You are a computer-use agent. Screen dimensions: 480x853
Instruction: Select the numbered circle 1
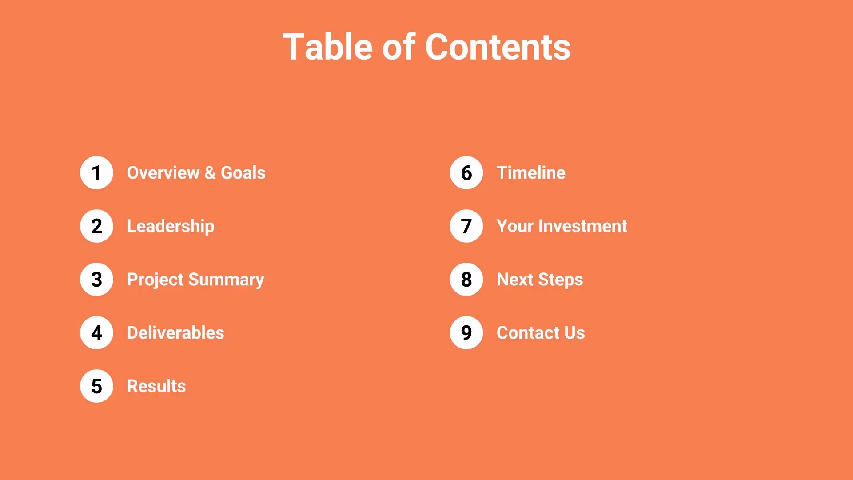click(96, 173)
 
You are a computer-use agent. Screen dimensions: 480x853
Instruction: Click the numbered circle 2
click(96, 226)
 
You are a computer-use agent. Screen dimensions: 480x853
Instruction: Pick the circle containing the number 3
click(96, 280)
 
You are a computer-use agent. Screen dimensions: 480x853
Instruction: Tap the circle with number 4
click(96, 333)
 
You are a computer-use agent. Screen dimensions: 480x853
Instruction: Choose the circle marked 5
click(96, 386)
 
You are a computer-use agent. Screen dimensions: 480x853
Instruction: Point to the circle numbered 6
click(466, 173)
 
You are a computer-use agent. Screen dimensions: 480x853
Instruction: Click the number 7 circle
click(466, 226)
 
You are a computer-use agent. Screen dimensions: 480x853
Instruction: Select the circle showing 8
click(466, 280)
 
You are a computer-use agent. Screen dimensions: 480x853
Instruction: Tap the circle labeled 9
click(466, 333)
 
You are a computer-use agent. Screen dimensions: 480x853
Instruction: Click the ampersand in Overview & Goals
click(210, 173)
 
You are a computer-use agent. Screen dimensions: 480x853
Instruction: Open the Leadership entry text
click(171, 226)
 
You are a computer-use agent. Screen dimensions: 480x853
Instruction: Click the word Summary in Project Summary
click(226, 280)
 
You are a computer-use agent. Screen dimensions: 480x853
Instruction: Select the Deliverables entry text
click(175, 333)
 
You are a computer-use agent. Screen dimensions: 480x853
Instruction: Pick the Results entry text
click(156, 386)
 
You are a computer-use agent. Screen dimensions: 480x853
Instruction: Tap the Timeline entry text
click(531, 173)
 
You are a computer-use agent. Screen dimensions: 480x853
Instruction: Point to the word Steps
click(560, 280)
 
